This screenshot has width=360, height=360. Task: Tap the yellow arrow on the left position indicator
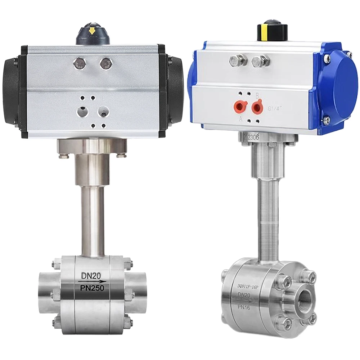tap(92, 31)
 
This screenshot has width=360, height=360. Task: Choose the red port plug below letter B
tap(257, 107)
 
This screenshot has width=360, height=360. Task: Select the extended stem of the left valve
tap(92, 220)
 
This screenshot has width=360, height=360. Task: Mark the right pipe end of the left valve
tap(138, 286)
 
